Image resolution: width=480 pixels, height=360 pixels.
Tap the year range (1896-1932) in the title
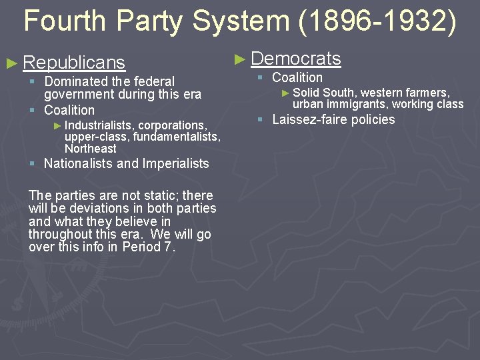378,21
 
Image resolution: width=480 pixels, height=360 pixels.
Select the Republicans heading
74,63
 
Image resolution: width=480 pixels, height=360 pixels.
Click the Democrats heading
296,59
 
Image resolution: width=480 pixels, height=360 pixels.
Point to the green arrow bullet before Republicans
11,63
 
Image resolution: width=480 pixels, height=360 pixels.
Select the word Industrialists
99,125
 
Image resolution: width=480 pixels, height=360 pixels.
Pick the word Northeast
90,148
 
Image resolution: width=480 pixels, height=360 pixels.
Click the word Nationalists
78,163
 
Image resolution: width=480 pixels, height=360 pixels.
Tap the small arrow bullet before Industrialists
57,125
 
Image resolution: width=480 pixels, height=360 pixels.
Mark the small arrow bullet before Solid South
286,93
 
